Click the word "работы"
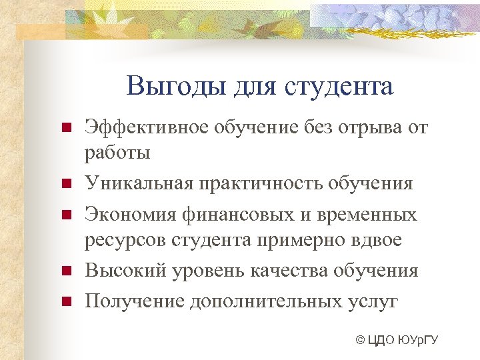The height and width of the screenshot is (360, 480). [117, 153]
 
